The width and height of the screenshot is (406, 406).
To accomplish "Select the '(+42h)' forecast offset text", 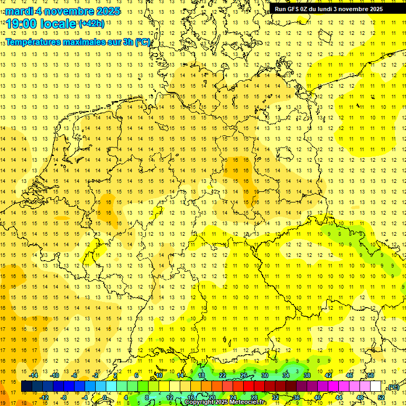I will pos(91,24).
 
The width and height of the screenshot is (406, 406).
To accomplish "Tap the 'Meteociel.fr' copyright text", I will pos(248,402).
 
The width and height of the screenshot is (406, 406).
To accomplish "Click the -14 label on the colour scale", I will pos(33,375).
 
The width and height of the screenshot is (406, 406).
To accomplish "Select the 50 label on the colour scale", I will pos(371,375).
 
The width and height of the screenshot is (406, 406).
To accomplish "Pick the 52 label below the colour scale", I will pos(381,398).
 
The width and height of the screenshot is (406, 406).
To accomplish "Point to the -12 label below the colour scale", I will pos(44,398).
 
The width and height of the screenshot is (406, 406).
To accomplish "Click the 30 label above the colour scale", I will pos(265,375).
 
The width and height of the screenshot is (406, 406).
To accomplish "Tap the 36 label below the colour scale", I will pos(297,398).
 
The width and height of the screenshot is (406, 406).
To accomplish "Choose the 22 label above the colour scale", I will pos(223,375).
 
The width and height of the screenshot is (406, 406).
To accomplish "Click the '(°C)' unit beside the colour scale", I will pos(393,387).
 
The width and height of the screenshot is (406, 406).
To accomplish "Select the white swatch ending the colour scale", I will pos(375,386).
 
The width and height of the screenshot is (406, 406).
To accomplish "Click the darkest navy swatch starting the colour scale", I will pos(26,386).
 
